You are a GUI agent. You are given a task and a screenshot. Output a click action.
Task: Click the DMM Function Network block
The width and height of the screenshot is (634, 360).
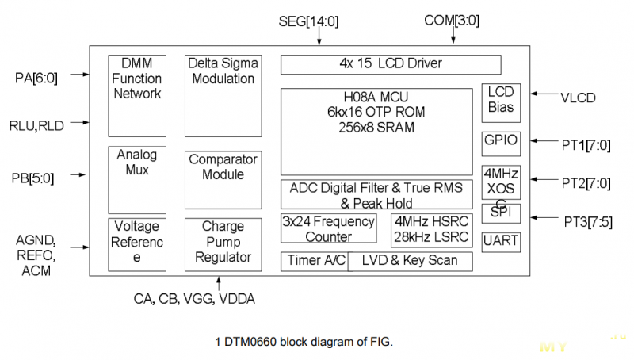[x=136, y=93]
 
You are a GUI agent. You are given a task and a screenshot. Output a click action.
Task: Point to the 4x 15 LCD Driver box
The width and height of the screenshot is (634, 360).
[x=391, y=63]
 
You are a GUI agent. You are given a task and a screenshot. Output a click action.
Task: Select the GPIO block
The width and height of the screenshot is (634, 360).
[x=501, y=143]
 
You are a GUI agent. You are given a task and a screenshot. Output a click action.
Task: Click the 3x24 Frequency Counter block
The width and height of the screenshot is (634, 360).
[x=329, y=228]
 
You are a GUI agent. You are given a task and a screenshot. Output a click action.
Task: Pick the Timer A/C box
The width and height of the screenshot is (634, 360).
[x=313, y=261]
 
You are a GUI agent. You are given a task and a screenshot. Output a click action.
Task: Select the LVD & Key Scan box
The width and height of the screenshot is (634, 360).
[x=410, y=261]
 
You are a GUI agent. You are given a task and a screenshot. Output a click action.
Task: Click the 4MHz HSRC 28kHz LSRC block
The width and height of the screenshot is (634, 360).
[x=432, y=228]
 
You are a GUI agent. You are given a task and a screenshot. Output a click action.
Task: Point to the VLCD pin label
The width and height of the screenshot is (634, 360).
[x=578, y=98]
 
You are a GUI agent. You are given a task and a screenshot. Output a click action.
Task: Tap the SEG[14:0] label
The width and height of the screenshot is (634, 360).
[x=309, y=21]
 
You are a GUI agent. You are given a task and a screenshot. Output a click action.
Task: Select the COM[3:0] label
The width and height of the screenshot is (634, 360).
[x=451, y=20]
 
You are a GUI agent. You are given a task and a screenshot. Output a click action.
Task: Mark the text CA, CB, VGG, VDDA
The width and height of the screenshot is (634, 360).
[x=194, y=299]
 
